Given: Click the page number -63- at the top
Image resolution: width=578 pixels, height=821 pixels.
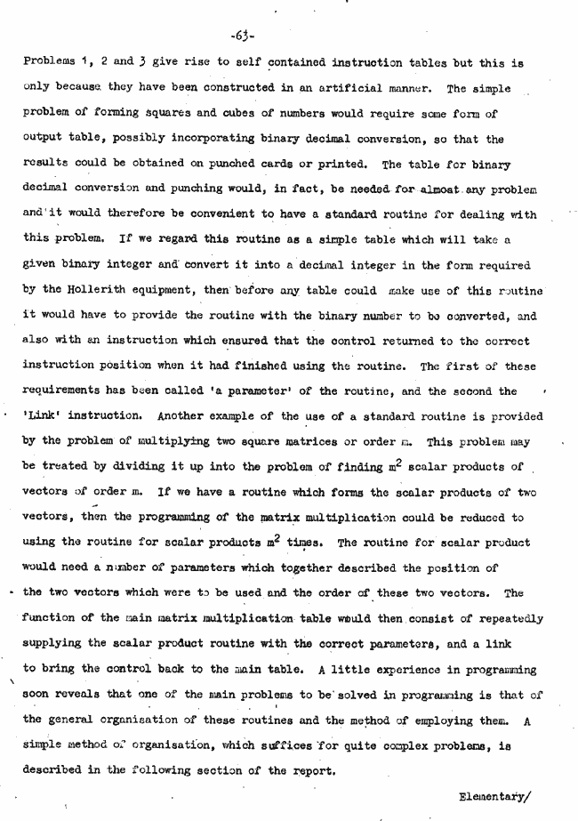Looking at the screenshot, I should [x=242, y=36].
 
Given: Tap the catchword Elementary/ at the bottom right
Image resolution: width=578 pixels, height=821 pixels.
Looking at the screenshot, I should [x=494, y=796].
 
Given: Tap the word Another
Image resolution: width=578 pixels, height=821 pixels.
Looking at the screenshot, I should [x=188, y=416].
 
